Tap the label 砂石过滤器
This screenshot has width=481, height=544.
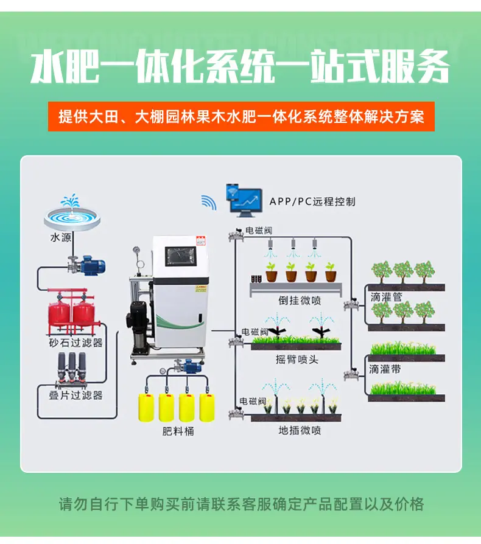click(x=75, y=343)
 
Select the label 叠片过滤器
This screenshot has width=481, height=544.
click(x=75, y=395)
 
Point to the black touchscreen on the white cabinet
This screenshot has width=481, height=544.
click(x=181, y=257)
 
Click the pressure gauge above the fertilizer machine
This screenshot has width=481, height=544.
click(x=136, y=251)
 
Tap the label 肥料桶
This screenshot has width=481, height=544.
click(x=178, y=431)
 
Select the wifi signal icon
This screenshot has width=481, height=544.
click(x=209, y=202)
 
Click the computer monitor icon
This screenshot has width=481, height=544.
click(x=244, y=201)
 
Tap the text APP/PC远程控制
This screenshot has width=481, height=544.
click(x=312, y=201)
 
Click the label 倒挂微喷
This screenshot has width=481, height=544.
click(x=300, y=301)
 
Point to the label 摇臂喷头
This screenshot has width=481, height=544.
click(x=297, y=360)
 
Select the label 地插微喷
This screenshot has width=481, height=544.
click(x=300, y=431)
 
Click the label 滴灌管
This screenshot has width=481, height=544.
click(x=386, y=297)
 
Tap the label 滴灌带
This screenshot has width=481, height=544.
click(x=385, y=369)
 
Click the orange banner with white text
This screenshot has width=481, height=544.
click(x=241, y=117)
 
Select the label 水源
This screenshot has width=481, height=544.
click(x=61, y=238)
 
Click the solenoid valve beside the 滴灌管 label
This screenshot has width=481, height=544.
click(x=351, y=305)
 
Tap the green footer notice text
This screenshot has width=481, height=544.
click(x=241, y=504)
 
